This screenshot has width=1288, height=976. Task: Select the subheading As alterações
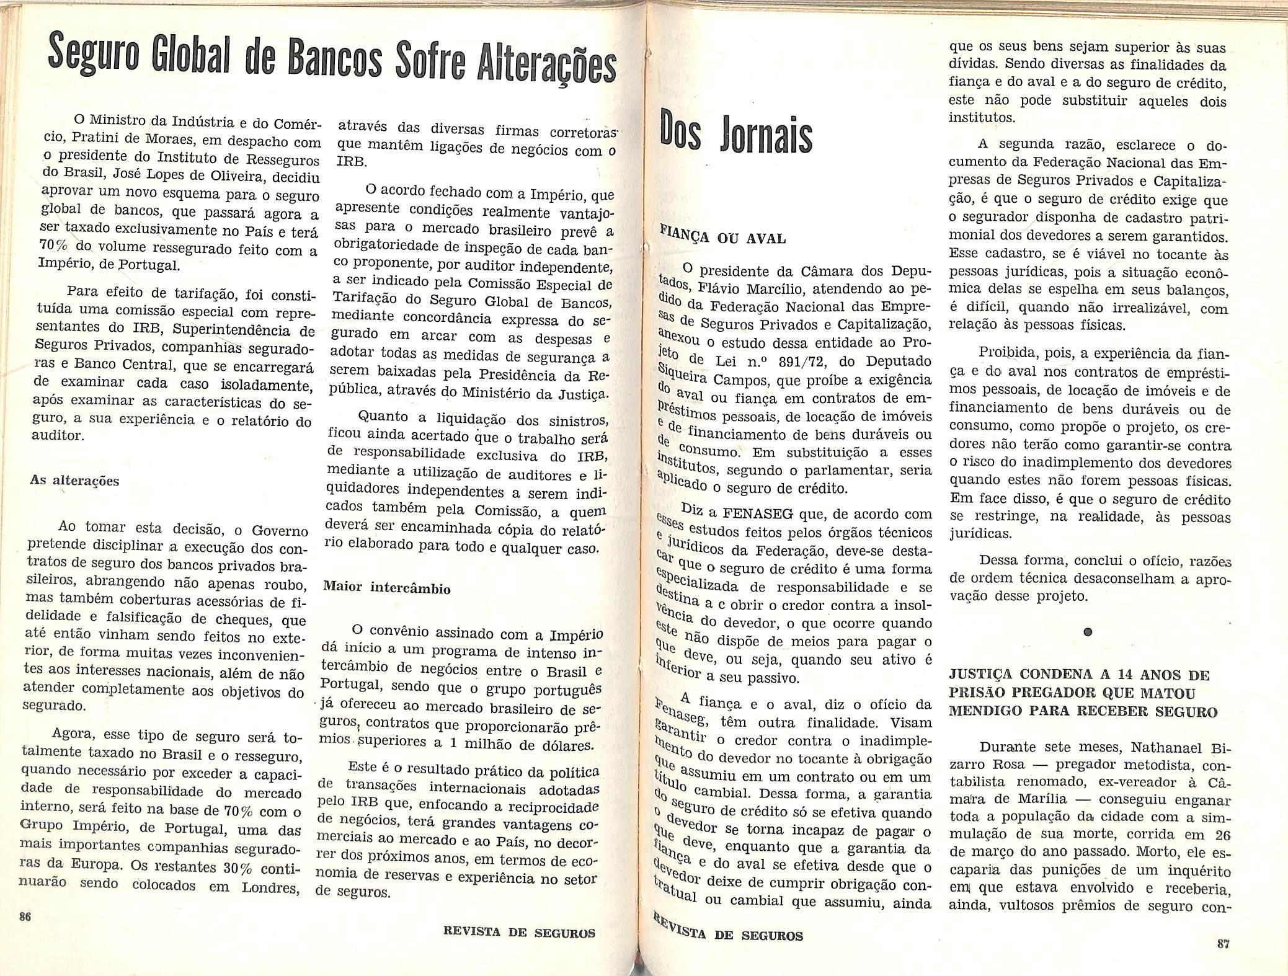click(x=75, y=481)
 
